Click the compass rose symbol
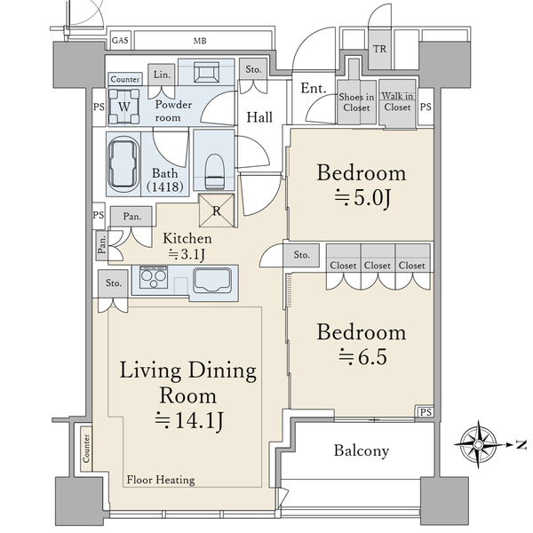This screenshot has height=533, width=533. [478, 444]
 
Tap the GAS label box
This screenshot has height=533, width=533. [120, 41]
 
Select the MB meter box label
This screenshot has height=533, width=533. [200, 41]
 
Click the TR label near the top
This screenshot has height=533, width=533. [379, 49]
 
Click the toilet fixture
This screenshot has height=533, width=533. [214, 171]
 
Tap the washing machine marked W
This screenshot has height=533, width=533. [123, 107]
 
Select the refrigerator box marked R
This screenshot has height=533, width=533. [217, 211]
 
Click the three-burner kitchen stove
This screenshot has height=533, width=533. [154, 277]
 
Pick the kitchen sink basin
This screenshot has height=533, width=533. [212, 281]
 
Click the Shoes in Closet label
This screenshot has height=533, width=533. [356, 102]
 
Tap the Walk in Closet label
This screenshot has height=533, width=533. [397, 101]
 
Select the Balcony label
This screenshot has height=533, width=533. [362, 450]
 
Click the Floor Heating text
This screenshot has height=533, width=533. [161, 480]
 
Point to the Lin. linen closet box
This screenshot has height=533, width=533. [162, 75]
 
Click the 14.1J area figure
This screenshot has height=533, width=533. [189, 420]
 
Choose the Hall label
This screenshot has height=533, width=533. [259, 117]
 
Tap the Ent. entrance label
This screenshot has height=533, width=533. [314, 88]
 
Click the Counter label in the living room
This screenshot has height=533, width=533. [86, 448]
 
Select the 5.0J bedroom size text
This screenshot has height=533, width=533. [363, 197]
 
